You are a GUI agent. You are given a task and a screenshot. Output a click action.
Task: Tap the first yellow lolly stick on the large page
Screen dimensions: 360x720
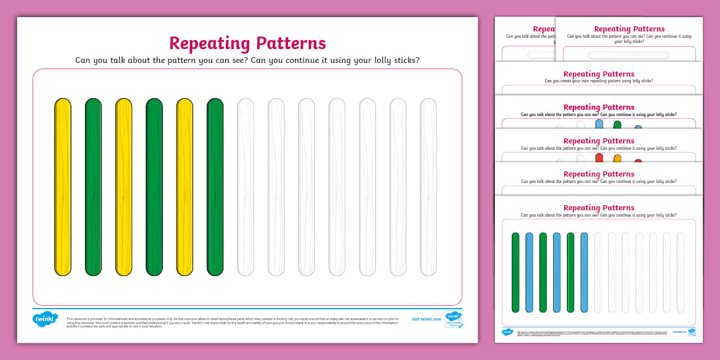coord(63,187)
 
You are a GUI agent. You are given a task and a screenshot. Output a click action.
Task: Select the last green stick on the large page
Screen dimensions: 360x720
coord(215,187)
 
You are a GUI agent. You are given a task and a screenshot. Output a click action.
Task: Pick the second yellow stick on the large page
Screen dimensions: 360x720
coord(123,187)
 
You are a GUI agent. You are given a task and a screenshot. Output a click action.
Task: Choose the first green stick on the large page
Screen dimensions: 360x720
coord(93,187)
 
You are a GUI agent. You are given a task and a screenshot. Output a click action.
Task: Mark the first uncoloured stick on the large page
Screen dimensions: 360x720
coord(245,187)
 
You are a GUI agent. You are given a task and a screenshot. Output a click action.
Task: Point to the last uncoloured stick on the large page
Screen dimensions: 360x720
coord(428,187)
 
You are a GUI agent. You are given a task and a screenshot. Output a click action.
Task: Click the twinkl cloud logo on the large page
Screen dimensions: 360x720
coord(45,319)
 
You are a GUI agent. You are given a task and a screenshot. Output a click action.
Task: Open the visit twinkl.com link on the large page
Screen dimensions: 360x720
coord(426,319)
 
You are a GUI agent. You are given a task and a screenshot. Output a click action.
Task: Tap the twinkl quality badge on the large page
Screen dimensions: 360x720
coord(453,319)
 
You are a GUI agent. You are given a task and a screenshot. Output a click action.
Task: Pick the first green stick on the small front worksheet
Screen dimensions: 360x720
coord(515,273)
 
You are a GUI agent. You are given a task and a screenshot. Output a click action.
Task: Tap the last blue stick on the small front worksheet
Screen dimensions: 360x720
coord(584,273)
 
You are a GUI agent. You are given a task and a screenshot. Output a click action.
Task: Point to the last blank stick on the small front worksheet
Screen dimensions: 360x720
coord(680,273)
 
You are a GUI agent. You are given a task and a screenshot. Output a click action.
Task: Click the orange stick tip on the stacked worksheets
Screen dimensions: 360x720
coord(617,159)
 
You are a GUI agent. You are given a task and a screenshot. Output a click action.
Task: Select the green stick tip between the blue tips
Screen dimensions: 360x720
coord(617,125)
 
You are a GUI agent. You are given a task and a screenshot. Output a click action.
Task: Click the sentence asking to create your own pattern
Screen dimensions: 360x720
coord(598,81)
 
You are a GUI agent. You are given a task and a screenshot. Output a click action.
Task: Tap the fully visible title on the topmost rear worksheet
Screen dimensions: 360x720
coord(629,29)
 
